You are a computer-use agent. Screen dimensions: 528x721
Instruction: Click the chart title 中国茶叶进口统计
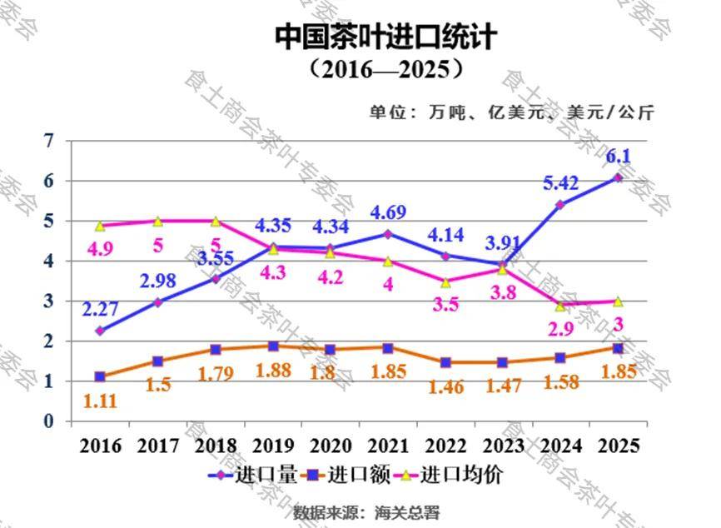click(385, 36)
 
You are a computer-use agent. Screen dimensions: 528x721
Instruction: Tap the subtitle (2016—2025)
click(385, 67)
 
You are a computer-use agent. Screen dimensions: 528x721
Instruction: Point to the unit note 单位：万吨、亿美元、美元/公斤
click(512, 112)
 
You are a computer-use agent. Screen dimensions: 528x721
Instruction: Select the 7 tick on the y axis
click(47, 141)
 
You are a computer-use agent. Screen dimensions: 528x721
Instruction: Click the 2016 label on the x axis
click(100, 446)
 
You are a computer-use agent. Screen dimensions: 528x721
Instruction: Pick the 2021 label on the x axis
click(389, 446)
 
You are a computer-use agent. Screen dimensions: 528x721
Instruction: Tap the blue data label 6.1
click(617, 156)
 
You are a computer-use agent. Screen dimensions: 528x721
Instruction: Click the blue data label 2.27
click(100, 309)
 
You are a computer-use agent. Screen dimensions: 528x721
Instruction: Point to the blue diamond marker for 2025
click(618, 177)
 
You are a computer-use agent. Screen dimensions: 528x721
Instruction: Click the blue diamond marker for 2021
click(388, 234)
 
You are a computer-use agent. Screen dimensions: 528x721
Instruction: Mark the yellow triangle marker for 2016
click(100, 226)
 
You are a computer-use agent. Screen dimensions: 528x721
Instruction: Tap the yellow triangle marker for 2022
click(446, 282)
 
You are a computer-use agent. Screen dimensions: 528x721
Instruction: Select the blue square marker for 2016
click(100, 377)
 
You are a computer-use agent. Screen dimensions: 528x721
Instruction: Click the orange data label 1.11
click(100, 401)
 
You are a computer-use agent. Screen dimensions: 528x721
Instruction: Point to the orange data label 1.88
click(273, 371)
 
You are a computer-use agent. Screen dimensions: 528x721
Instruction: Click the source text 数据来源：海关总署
click(365, 511)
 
